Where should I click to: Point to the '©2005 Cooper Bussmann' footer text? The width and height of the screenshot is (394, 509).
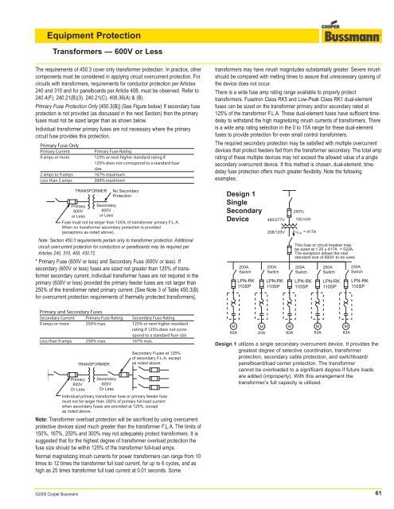(40, 495)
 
